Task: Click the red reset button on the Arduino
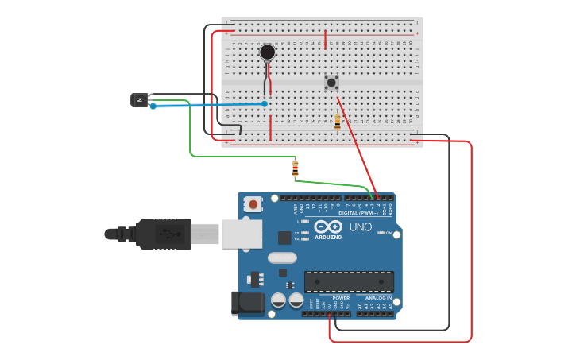[x=253, y=204]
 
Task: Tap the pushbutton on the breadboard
[x=331, y=82]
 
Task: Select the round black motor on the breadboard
[x=268, y=52]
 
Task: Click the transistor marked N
[x=140, y=99]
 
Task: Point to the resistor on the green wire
[x=296, y=168]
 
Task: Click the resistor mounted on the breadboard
[x=338, y=122]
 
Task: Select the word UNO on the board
[x=361, y=227]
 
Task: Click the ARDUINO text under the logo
[x=328, y=237]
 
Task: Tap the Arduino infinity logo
[x=328, y=226]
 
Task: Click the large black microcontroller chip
[x=349, y=282]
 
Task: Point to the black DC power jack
[x=247, y=304]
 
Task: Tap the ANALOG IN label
[x=378, y=298]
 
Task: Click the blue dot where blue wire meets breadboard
[x=265, y=103]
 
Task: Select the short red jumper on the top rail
[x=325, y=39]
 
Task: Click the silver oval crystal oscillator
[x=282, y=257]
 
